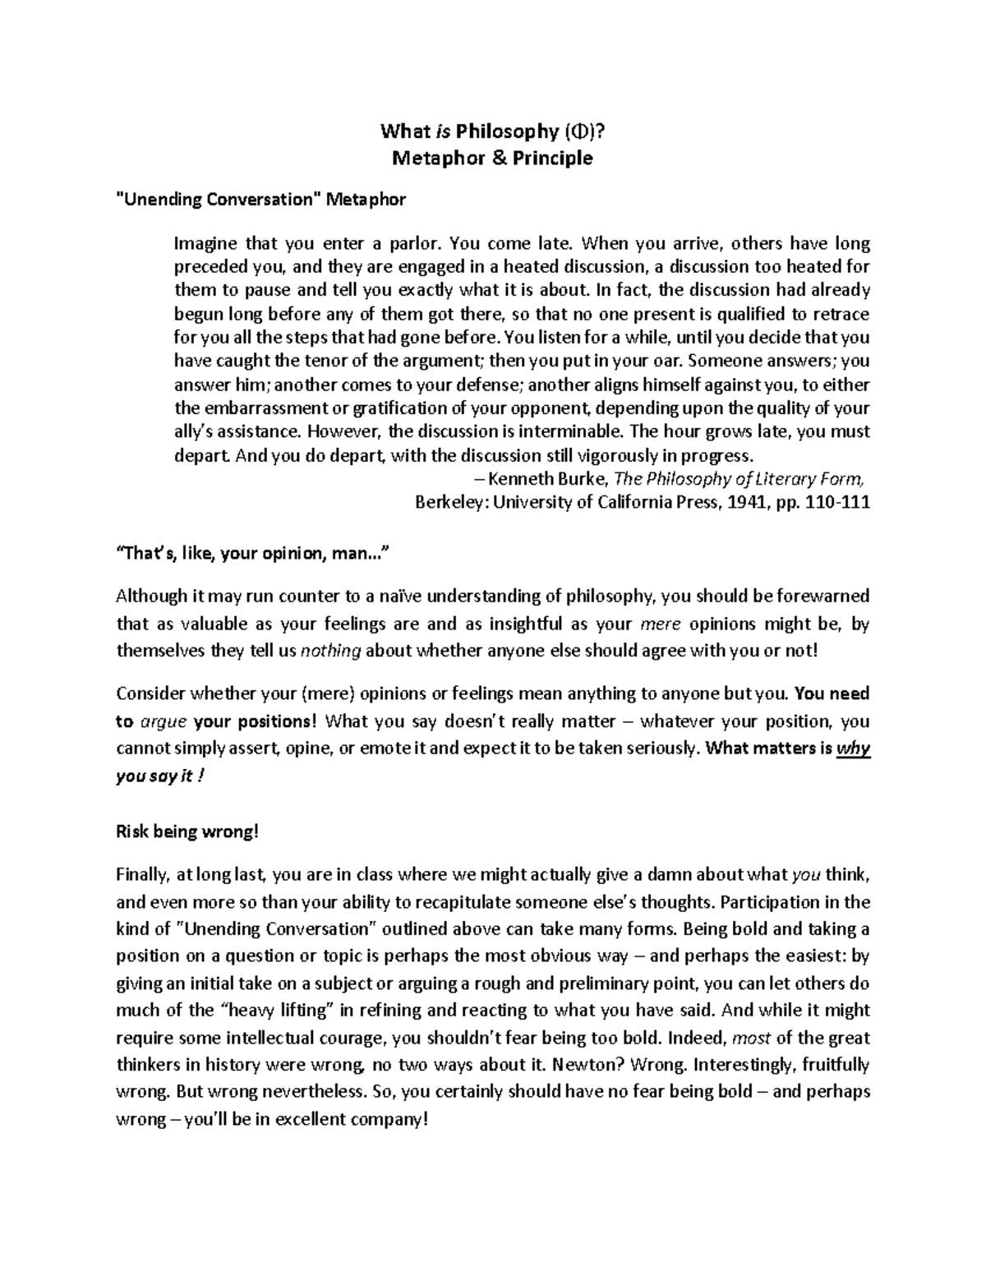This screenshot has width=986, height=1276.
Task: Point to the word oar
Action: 665,360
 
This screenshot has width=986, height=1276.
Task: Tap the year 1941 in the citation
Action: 745,503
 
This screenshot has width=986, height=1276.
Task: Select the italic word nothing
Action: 331,651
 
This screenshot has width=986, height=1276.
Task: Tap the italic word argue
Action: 163,721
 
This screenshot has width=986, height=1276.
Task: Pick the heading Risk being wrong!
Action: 187,831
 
